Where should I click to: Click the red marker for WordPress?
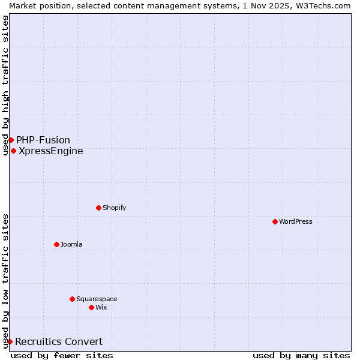pos(275,221)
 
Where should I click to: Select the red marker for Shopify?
pos(98,208)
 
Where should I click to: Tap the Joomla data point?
pos(56,244)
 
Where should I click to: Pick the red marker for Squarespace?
pos(72,299)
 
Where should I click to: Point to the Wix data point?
pos(91,307)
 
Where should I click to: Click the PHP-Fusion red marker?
pos(11,140)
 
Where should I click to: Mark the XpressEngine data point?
pos(13,151)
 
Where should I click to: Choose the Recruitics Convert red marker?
pos(10,341)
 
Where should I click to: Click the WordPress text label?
pos(296,221)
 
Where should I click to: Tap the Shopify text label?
pos(114,208)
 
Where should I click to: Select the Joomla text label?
pos(71,244)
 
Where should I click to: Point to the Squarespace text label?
pos(97,299)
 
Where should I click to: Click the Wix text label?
pos(101,307)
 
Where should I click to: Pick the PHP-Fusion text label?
pos(43,140)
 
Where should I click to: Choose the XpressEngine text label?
pos(51,151)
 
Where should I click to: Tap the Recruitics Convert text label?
pos(59,341)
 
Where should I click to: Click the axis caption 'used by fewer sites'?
pos(62,355)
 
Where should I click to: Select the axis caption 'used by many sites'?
pos(301,355)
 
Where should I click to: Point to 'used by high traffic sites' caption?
pos(5,85)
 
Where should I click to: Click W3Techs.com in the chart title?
pos(325,5)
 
